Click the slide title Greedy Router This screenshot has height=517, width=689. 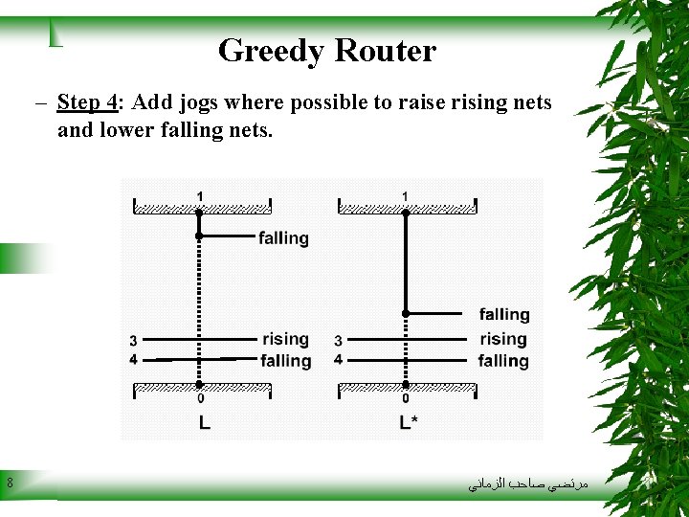pyautogui.click(x=326, y=51)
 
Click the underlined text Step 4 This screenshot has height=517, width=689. pyautogui.click(x=89, y=102)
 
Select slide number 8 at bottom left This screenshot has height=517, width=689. pyautogui.click(x=10, y=483)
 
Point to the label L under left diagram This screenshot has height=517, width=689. pyautogui.click(x=204, y=422)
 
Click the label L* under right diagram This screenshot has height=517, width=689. pyautogui.click(x=408, y=422)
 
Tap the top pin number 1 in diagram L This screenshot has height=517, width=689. pyautogui.click(x=199, y=196)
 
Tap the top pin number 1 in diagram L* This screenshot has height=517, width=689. pyautogui.click(x=405, y=196)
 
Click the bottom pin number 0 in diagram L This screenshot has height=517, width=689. pyautogui.click(x=199, y=398)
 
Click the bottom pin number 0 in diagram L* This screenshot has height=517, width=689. pyautogui.click(x=405, y=398)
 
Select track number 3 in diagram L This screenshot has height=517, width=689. pyautogui.click(x=133, y=341)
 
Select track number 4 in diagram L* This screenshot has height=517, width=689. pyautogui.click(x=338, y=360)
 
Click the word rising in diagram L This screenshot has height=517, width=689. pyautogui.click(x=285, y=339)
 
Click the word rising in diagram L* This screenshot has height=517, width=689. pyautogui.click(x=503, y=339)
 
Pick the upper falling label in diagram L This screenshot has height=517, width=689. pyautogui.click(x=283, y=238)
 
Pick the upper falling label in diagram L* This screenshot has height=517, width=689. pyautogui.click(x=504, y=314)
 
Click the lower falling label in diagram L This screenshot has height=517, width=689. pyautogui.click(x=285, y=361)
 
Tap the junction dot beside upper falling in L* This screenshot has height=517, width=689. pyautogui.click(x=406, y=313)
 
